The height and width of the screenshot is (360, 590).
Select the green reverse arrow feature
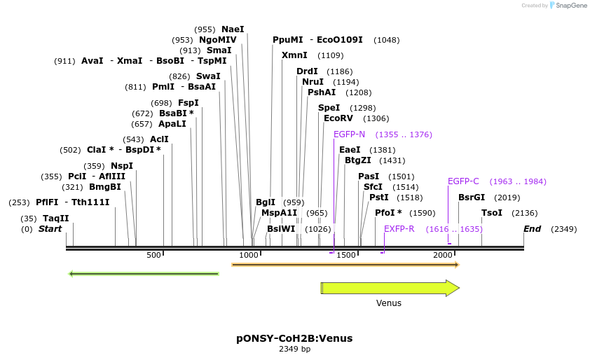pyautogui.click(x=144, y=273)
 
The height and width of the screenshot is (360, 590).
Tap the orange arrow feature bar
pyautogui.click(x=345, y=265)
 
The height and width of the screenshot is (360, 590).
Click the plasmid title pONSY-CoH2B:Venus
pyautogui.click(x=294, y=338)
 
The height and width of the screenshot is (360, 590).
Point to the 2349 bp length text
pyautogui.click(x=294, y=349)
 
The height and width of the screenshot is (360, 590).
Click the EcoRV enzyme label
pyautogui.click(x=338, y=118)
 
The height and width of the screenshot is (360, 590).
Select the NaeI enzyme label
pyautogui.click(x=233, y=29)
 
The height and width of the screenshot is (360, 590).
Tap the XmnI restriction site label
pyautogui.click(x=294, y=55)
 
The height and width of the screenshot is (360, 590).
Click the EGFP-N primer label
pyautogui.click(x=349, y=134)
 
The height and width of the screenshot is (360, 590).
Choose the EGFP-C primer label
pyautogui.click(x=463, y=181)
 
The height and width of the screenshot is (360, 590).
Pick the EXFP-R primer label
pyautogui.click(x=399, y=228)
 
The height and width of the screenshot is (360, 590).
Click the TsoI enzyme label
pyautogui.click(x=491, y=213)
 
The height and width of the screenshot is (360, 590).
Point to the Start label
pyautogui.click(x=50, y=228)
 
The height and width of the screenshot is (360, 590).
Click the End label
pyautogui.click(x=533, y=228)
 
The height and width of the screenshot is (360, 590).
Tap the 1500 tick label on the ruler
pyautogui.click(x=346, y=256)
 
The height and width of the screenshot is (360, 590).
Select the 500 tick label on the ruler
pyautogui.click(x=153, y=256)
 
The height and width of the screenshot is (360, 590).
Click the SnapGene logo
pyautogui.click(x=568, y=6)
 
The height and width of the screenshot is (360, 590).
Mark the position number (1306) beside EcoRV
pyautogui.click(x=376, y=118)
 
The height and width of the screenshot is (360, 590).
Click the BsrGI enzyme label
pyautogui.click(x=472, y=198)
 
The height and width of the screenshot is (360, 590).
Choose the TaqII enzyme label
pyautogui.click(x=56, y=219)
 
